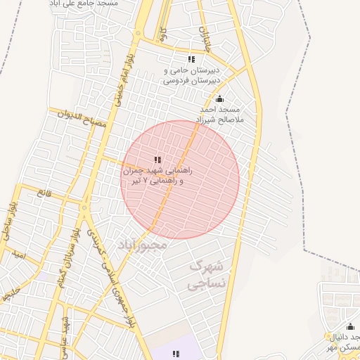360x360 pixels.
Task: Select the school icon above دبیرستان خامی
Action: pyautogui.click(x=191, y=59)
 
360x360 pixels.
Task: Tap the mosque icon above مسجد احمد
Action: pyautogui.click(x=219, y=98)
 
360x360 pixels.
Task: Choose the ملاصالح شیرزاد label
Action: pyautogui.click(x=218, y=120)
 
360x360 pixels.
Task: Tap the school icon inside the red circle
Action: pyautogui.click(x=157, y=160)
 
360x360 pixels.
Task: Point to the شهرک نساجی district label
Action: pyautogui.click(x=207, y=275)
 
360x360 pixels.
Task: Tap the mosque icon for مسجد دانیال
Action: pyautogui.click(x=350, y=326)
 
